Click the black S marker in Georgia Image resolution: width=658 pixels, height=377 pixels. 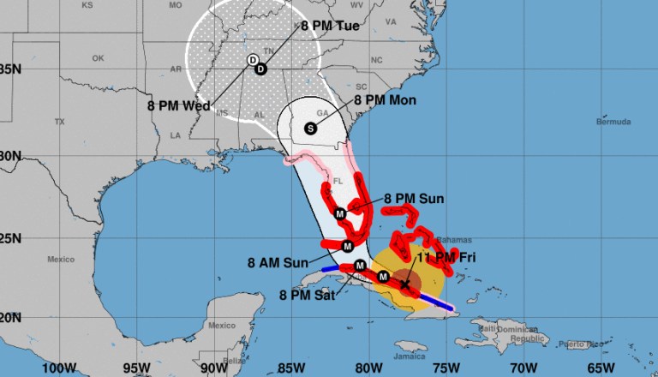tap(309, 129)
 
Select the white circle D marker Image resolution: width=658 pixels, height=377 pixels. tap(253, 60)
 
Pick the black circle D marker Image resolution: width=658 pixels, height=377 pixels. tap(261, 69)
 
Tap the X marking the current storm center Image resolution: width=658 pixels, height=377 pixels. tap(404, 284)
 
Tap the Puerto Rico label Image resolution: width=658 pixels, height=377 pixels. tap(577, 344)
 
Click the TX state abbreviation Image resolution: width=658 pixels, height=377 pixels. tap(59, 122)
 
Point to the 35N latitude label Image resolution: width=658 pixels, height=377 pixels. tap(9, 69)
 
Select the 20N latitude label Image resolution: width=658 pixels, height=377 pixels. tap(9, 317)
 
